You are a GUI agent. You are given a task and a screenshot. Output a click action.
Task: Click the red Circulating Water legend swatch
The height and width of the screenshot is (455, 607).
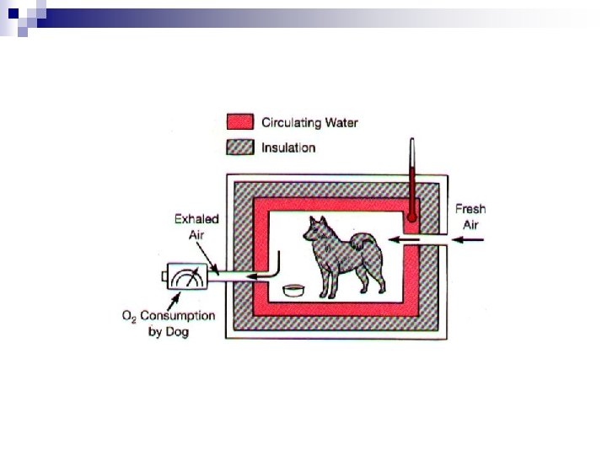(x=240, y=122)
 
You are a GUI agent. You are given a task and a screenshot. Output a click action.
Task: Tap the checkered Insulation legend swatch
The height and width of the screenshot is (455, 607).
(x=240, y=147)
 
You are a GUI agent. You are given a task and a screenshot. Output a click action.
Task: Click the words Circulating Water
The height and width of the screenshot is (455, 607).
(x=309, y=123)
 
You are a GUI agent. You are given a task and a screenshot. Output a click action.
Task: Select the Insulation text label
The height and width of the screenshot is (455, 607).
(x=288, y=147)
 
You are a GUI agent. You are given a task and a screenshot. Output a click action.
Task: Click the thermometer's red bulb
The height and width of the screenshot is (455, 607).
(x=412, y=217)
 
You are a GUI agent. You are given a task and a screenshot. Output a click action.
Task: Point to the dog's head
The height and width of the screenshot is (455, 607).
(x=316, y=231)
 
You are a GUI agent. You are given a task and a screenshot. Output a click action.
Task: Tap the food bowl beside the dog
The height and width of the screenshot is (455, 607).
(x=294, y=290)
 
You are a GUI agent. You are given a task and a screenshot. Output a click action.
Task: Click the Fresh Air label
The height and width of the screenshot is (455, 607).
(x=470, y=217)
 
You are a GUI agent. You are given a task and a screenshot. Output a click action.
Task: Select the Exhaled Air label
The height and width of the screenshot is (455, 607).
(x=196, y=227)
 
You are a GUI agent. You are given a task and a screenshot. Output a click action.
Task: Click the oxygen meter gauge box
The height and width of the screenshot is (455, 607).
(x=187, y=276)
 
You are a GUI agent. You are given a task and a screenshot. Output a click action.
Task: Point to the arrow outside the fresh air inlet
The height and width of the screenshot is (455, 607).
(x=468, y=240)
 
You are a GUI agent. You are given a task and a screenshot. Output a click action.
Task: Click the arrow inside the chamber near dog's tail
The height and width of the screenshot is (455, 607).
(x=404, y=240)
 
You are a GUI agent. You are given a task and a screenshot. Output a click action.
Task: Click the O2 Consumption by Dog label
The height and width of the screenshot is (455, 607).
(x=169, y=324)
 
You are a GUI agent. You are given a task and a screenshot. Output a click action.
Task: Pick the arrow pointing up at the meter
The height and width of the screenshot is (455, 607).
(x=174, y=302)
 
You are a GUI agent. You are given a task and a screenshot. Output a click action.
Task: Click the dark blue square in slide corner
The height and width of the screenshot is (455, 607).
(x=13, y=13)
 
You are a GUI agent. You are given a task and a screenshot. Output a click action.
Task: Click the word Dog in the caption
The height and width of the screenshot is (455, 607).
(x=177, y=332)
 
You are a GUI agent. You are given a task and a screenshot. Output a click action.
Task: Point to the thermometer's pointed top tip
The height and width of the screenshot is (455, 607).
(x=412, y=138)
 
